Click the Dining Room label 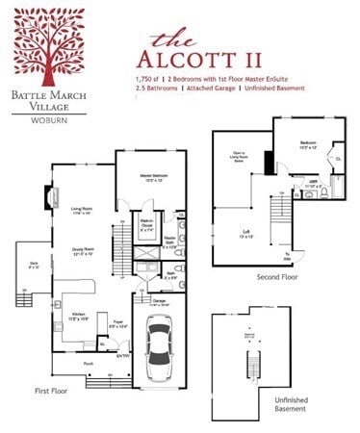(81, 253)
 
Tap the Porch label (88, 365)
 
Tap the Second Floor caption (275, 278)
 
